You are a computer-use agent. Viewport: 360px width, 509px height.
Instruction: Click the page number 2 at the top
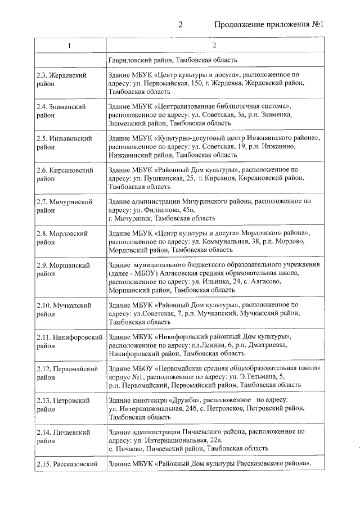(181, 25)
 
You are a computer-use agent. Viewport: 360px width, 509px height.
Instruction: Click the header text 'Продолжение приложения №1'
(271, 25)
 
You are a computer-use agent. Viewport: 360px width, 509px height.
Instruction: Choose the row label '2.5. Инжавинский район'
(63, 142)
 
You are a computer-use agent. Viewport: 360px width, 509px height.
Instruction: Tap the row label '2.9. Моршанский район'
(62, 268)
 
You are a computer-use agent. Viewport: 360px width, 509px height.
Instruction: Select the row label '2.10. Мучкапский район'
(64, 310)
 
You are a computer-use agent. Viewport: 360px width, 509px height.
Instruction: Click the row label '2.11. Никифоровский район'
(69, 341)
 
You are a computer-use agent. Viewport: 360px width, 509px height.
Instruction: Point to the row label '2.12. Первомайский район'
(65, 373)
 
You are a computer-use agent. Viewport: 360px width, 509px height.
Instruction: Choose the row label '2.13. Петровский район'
(63, 404)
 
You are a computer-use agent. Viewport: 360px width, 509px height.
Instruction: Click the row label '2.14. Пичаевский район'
(63, 436)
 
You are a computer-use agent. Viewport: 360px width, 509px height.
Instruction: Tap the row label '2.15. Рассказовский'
(67, 463)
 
